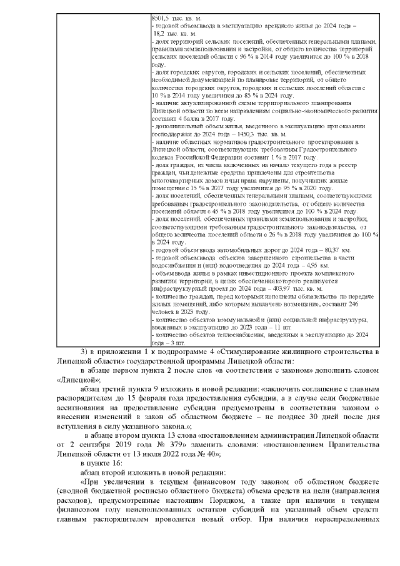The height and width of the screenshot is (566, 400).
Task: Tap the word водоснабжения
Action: pos(174,265)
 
